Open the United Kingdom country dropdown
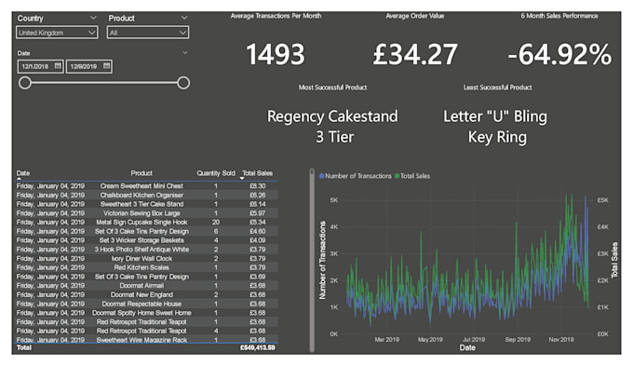[57, 33]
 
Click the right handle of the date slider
[183, 83]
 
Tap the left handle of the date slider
[25, 83]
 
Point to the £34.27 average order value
[414, 55]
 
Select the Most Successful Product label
[332, 88]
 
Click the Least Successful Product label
[497, 88]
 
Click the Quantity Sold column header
[215, 173]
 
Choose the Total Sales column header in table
[256, 173]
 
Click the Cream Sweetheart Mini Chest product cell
[141, 185]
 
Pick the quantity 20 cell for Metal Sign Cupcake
[215, 223]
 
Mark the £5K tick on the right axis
[602, 199]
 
